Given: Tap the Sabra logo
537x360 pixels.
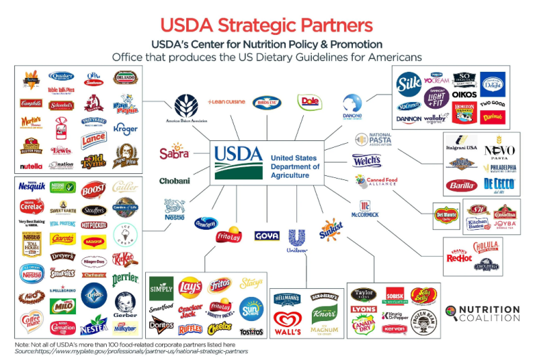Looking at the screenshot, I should (x=174, y=153).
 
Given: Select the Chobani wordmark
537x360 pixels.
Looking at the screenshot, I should (x=174, y=181).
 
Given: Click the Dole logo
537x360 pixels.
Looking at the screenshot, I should (x=310, y=101).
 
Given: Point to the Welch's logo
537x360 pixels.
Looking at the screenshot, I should (x=366, y=161).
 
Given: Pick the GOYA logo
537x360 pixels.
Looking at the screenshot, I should (x=267, y=236).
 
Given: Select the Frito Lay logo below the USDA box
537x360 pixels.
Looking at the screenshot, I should (x=229, y=236).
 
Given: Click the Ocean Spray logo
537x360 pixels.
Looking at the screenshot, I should (x=206, y=223).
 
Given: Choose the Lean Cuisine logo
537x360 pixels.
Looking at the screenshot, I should (x=226, y=101).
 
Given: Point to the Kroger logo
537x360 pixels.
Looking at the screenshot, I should (x=125, y=128).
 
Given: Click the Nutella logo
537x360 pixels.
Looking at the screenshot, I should (x=30, y=165).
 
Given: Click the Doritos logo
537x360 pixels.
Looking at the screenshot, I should (x=161, y=324).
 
